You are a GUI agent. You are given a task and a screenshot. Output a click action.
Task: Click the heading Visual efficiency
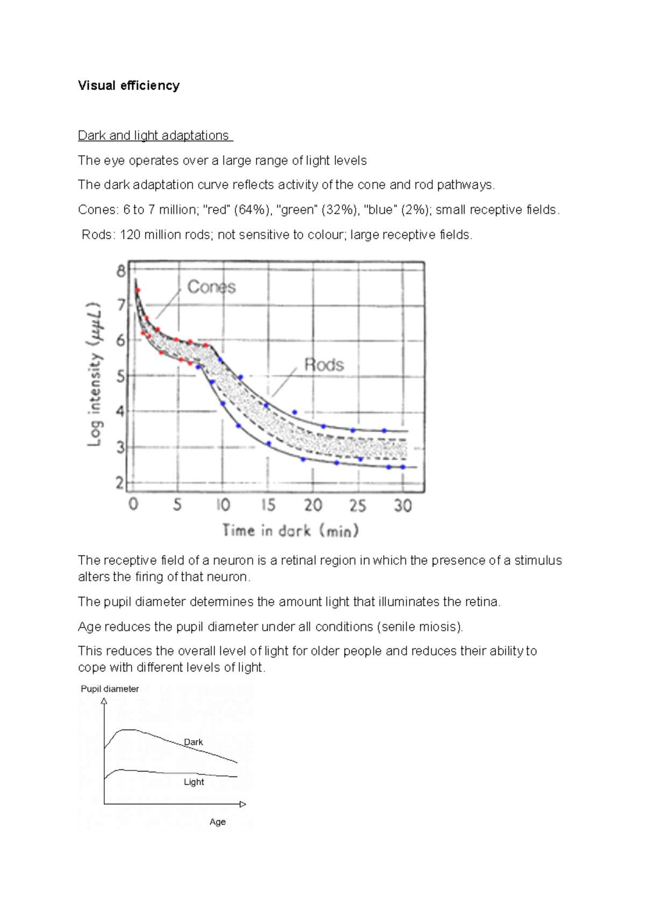point(128,85)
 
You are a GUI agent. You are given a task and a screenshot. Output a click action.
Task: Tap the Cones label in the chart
point(211,287)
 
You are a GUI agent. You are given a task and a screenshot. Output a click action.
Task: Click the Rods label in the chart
point(324,365)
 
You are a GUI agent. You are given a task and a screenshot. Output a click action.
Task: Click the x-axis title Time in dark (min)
point(291,531)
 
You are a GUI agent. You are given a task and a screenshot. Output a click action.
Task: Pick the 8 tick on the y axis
point(121,271)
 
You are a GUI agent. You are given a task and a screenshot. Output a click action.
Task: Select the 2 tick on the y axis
point(120,483)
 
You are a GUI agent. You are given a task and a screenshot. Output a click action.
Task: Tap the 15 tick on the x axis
point(268,505)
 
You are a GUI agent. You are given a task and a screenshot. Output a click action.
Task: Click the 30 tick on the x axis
point(403,505)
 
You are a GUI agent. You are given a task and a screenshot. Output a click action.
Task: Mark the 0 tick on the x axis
point(133,504)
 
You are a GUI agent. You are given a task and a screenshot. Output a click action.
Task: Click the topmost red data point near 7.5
point(138,290)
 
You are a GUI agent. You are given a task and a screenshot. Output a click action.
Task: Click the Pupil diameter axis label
point(110,689)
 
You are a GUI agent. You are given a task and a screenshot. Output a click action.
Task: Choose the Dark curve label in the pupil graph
point(193,742)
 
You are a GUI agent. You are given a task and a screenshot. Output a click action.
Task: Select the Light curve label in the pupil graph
point(193,782)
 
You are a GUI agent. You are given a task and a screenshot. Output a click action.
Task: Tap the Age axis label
point(218,822)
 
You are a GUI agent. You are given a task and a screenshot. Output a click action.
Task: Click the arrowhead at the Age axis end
point(243,804)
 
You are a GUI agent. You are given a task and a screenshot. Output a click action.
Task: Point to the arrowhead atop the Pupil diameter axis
point(104,701)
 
